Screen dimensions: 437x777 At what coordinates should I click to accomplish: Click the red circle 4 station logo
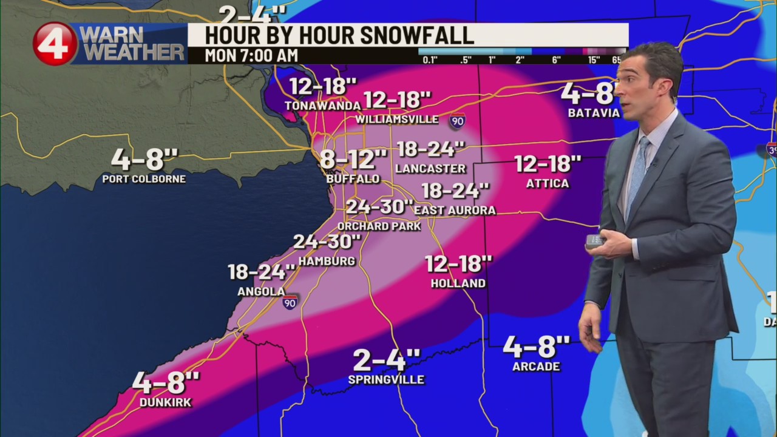coord(55,44)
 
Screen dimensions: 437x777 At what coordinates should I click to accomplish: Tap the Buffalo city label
coord(353,179)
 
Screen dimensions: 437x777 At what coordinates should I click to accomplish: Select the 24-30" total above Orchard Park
coord(379,208)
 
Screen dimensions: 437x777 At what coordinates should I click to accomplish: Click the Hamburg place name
coord(327,261)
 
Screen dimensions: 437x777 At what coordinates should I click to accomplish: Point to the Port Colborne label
coord(144,179)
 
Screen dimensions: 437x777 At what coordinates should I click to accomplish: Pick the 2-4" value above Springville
coord(386,361)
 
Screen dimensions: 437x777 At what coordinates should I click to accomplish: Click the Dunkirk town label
coord(165,402)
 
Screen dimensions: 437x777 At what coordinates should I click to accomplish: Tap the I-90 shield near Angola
coord(290,302)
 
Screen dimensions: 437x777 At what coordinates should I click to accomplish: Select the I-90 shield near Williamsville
coord(458,121)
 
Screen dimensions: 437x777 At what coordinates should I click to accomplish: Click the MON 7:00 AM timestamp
coord(251,56)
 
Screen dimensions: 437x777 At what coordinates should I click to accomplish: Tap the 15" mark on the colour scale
coord(594,59)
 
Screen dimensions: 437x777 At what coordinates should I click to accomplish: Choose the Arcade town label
coord(536,367)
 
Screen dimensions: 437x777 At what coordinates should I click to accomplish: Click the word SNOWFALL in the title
coord(418,35)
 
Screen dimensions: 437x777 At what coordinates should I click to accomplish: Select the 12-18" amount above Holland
coord(458,264)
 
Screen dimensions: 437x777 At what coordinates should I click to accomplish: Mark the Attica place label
coord(548,183)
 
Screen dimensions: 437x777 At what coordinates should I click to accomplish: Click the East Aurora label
coord(455,210)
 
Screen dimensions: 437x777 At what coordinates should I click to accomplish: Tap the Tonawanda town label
coord(323,106)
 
